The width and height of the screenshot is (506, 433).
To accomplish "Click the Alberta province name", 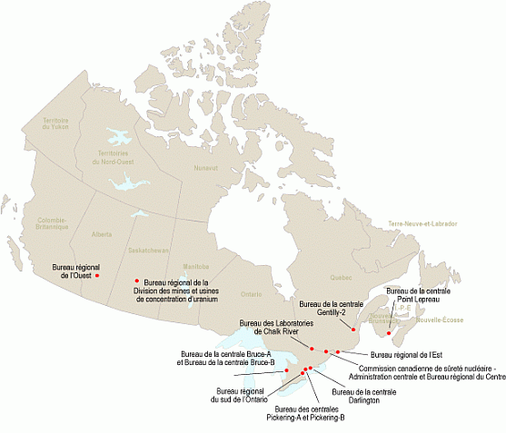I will pos(102,233).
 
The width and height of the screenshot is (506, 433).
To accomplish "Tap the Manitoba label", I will pos(195,266).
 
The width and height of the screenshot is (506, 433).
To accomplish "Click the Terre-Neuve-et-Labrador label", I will pos(422,223).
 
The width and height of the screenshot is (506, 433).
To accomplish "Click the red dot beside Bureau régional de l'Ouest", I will pos(97,275).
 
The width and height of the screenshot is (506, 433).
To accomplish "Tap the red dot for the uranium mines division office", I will pos(136,280).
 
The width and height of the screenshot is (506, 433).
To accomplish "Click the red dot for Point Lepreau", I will pos(389,331).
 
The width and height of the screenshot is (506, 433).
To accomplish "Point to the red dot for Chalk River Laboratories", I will pos(312,349).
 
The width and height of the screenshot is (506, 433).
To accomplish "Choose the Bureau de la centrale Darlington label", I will pos(363,396).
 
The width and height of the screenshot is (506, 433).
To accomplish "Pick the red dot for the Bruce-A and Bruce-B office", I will pos(287,370).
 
